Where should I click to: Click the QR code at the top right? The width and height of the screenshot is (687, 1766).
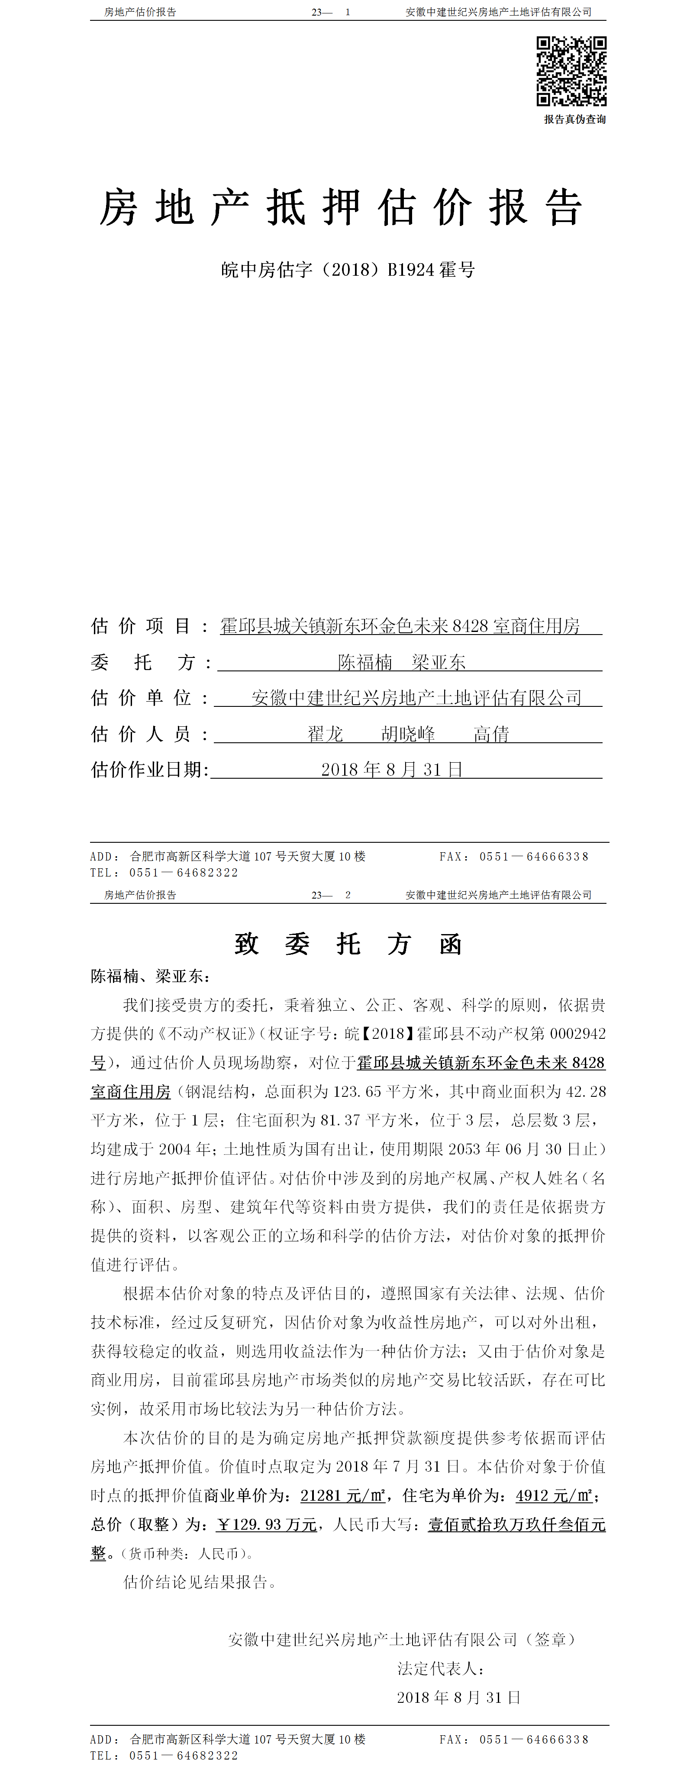571,71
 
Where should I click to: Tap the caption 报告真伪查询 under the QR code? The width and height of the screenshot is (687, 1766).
574,119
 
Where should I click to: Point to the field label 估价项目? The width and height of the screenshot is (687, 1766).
141,626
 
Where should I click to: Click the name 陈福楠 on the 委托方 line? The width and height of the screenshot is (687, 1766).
365,662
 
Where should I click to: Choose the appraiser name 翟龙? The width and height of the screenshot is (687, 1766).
325,734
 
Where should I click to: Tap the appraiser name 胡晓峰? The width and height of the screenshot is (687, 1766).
408,734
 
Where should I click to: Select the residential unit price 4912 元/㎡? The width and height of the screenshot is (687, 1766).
554,1495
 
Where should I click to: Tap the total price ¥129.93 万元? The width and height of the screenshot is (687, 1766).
267,1524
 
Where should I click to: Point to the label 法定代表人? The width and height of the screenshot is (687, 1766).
441,1669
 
